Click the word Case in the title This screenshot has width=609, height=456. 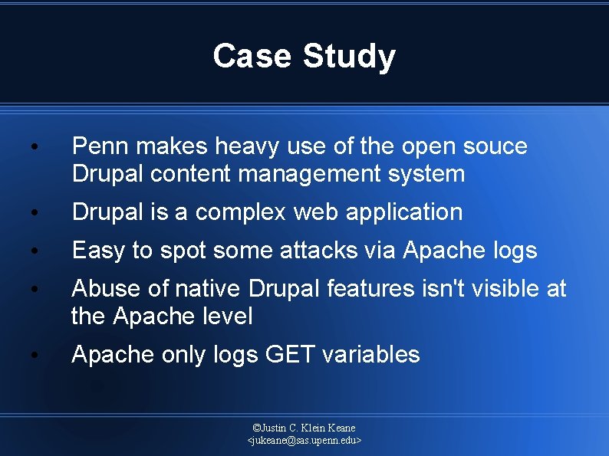252,56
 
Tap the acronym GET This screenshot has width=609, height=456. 291,354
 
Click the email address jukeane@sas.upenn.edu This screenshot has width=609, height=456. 304,441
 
